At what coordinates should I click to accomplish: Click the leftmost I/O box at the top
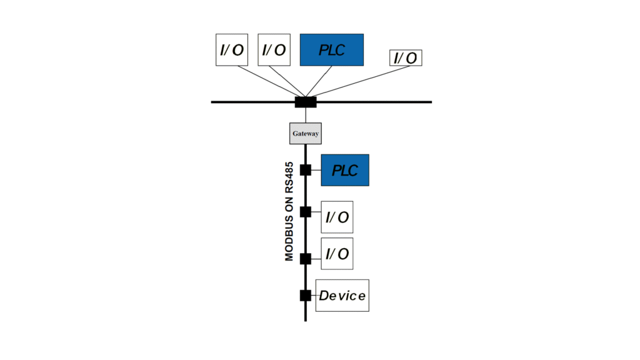tap(232, 50)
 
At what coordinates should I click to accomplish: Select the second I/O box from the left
tap(274, 50)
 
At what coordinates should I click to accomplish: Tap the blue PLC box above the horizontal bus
tap(332, 50)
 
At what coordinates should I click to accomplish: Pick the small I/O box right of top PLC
tap(406, 58)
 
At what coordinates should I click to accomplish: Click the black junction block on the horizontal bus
tap(306, 102)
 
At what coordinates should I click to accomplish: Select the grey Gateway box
tap(306, 133)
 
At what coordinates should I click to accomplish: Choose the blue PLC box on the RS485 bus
tap(345, 170)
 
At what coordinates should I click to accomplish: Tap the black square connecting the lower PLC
tap(306, 170)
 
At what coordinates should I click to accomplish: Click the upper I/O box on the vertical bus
tap(337, 217)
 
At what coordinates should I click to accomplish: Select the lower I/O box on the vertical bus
tap(337, 254)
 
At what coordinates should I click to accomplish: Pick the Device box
tap(342, 296)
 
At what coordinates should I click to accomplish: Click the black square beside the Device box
tap(306, 296)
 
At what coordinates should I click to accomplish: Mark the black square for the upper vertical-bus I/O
tap(306, 212)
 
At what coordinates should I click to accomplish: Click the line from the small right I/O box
tap(356, 81)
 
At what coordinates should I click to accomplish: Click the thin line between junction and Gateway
tap(306, 115)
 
